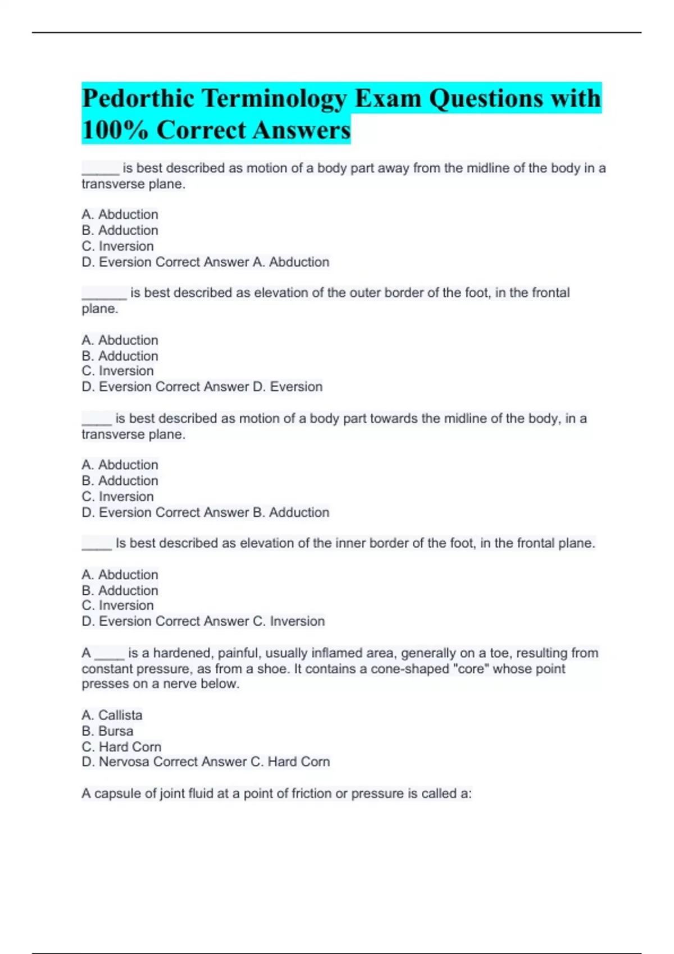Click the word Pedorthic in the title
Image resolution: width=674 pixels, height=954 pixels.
(138, 99)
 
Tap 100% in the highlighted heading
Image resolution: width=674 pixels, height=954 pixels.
(115, 130)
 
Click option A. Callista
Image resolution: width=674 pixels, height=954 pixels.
(112, 715)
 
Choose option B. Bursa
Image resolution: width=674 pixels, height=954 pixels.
(107, 731)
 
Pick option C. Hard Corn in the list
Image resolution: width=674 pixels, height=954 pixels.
(121, 746)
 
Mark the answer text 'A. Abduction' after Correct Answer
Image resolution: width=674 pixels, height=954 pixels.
(291, 262)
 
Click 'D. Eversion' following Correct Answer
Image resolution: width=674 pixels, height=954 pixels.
(288, 387)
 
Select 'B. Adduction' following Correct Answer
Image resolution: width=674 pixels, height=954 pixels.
(291, 512)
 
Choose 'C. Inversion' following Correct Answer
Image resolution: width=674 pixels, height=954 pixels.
(289, 621)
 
